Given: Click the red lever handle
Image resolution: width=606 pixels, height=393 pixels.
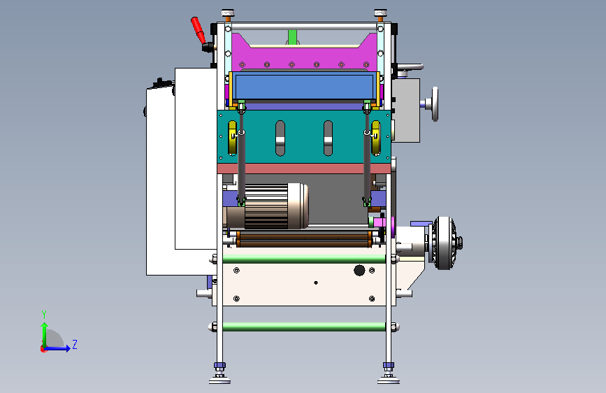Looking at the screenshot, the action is (x=198, y=30).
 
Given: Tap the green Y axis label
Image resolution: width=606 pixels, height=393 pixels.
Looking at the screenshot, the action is (x=44, y=314).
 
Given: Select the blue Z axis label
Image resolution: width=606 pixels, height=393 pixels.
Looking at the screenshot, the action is (x=75, y=344).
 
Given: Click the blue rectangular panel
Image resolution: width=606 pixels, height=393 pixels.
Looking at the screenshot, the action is (x=304, y=87).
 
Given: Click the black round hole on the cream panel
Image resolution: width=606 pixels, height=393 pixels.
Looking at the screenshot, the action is (x=359, y=270).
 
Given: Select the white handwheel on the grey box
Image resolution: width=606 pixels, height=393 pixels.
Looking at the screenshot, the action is (x=435, y=104).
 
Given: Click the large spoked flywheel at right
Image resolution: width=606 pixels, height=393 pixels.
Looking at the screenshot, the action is (x=444, y=243).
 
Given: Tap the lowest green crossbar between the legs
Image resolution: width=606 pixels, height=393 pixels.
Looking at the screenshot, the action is (x=304, y=327).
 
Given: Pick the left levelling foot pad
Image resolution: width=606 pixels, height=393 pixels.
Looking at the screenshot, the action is (x=219, y=380).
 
